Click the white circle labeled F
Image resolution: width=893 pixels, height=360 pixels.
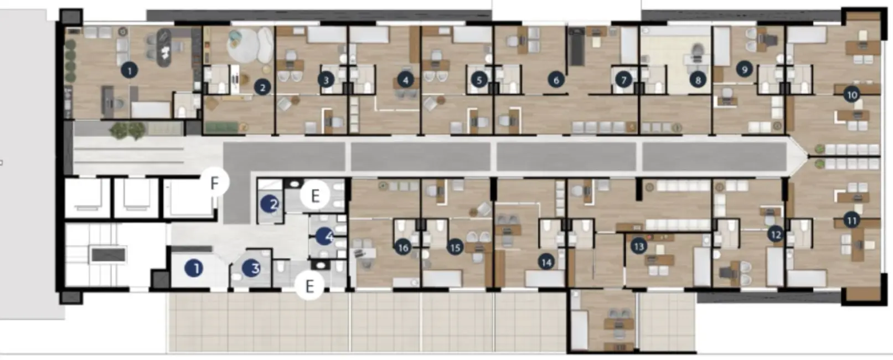pos(214,182)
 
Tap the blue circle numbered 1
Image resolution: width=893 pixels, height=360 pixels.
pos(194,269)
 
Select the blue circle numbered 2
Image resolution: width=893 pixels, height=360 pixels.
pos(271,204)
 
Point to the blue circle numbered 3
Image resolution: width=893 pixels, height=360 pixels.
pos(253,269)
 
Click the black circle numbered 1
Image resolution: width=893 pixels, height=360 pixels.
pos(130,71)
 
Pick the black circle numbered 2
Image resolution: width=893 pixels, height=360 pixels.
pos(262,87)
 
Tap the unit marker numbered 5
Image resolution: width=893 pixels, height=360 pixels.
pos(479,80)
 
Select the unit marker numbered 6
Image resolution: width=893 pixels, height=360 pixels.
pos(556,80)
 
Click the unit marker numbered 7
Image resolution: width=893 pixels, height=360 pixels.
pos(623,80)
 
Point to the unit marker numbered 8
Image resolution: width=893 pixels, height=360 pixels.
pos(698,80)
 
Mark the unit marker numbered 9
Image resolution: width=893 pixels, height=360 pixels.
pos(744,69)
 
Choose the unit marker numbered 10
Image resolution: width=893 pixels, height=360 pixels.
pos(851,95)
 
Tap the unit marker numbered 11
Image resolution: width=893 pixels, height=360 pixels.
pos(851,220)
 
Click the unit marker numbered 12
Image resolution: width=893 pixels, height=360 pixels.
pos(776,234)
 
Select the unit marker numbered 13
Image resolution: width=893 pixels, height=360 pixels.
pos(639,246)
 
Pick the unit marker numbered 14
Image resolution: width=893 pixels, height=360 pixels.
pos(546,262)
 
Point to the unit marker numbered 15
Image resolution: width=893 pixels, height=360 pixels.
pos(455,247)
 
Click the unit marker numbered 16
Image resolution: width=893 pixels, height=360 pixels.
pos(402,248)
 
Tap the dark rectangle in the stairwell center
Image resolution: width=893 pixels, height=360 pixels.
pos(109,255)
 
